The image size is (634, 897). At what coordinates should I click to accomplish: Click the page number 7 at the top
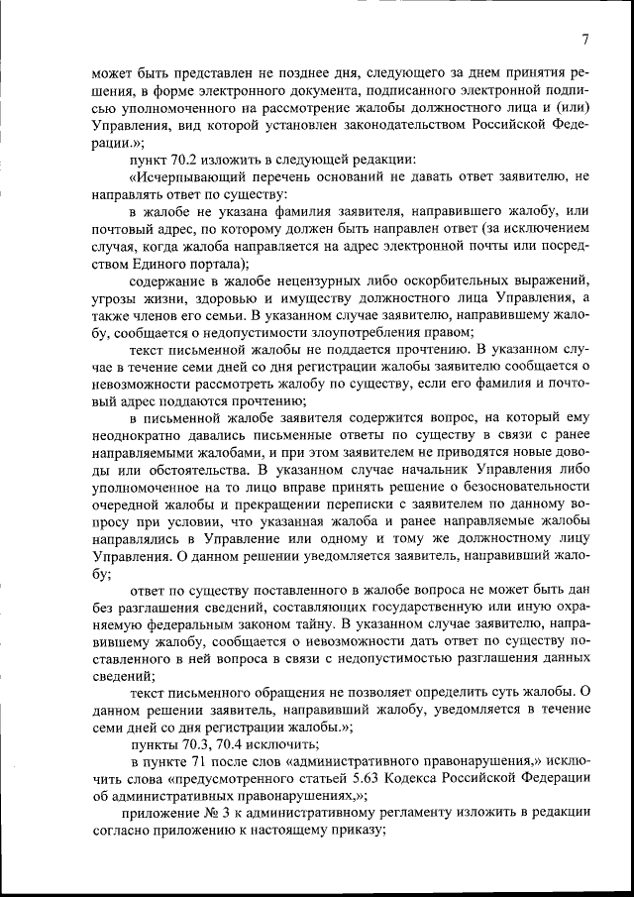[x=585, y=40]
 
